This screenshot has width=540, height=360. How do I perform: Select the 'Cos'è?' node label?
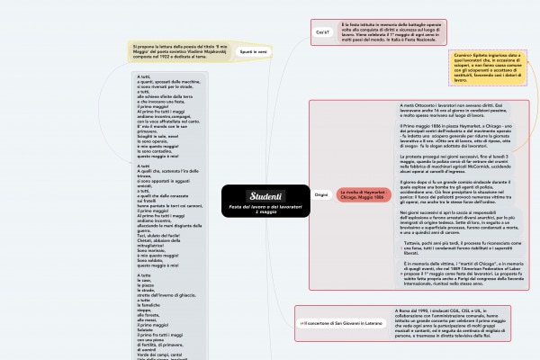click(x=321, y=31)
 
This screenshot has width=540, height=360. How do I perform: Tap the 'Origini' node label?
click(x=321, y=194)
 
